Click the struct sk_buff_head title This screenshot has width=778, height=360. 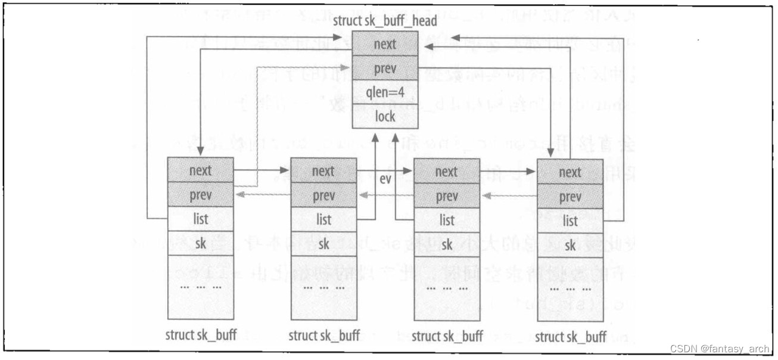coord(385,21)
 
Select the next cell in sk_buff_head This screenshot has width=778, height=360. coord(385,45)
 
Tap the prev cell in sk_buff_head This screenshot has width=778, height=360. coord(385,68)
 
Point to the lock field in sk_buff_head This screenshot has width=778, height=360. coord(385,116)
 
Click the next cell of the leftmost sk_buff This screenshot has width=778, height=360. coord(201,170)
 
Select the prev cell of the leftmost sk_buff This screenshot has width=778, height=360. coord(201,195)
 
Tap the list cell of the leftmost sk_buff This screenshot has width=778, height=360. coord(201,219)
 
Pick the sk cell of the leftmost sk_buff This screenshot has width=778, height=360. coord(201,243)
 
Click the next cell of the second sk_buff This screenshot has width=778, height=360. coord(323,172)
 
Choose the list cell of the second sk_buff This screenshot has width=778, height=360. coord(323,220)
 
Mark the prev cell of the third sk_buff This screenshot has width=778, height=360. coord(447,196)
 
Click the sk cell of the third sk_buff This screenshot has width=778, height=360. coord(447,244)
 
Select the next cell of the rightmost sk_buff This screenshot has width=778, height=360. coord(570,173)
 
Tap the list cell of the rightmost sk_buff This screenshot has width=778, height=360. coord(570,221)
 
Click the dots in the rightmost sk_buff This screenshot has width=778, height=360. coord(570,289)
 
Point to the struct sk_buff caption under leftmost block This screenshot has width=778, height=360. coord(201,334)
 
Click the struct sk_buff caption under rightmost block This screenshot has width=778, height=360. coord(571,337)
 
